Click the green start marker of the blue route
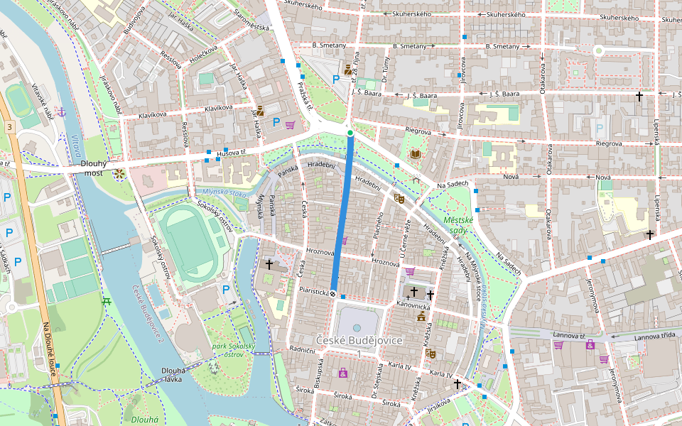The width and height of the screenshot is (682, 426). [350, 133]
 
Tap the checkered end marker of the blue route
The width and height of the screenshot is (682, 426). [332, 291]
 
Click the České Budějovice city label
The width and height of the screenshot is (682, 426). [359, 341]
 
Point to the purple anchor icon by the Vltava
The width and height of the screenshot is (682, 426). [62, 112]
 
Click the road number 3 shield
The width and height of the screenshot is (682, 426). [9, 126]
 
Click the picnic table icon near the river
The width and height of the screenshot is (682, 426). [107, 301]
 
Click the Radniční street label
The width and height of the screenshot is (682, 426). [302, 350]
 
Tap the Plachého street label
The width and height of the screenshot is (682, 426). [379, 231]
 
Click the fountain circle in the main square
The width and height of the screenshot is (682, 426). [356, 328]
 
